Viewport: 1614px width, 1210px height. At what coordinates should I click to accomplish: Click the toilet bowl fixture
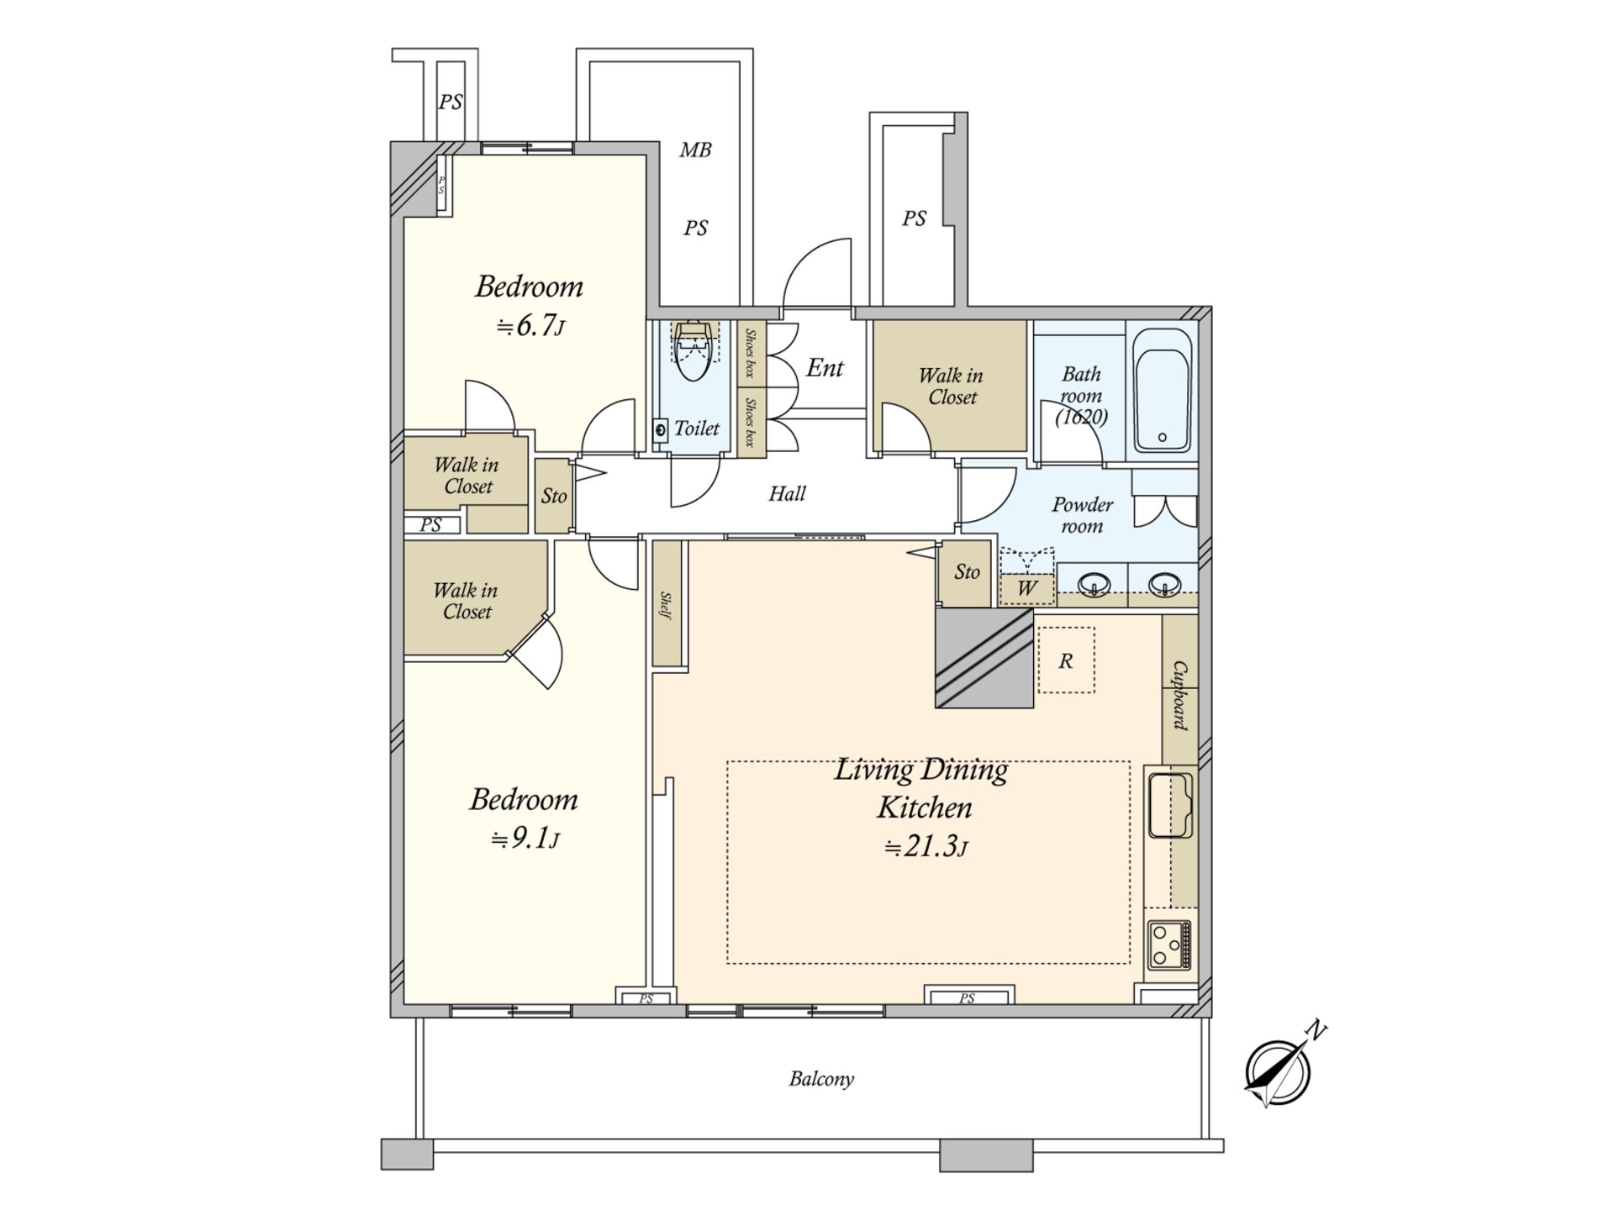(694, 353)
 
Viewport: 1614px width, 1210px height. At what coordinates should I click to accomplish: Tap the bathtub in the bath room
(1162, 390)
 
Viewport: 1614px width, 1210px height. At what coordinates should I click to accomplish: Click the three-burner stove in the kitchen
(1169, 945)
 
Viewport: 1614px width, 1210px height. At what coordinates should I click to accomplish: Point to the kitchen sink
(1169, 805)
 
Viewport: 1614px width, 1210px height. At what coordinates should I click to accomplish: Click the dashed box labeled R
(1066, 660)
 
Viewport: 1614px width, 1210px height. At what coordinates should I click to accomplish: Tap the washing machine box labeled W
(1026, 587)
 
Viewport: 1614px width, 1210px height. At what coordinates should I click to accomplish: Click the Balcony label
(821, 1078)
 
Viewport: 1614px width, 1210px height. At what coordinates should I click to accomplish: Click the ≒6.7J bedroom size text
(530, 325)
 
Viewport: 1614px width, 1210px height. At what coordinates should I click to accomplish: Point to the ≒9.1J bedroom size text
(525, 838)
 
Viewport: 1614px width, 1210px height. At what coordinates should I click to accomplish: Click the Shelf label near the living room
(667, 605)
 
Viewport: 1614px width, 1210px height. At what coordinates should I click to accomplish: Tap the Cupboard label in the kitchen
(1180, 695)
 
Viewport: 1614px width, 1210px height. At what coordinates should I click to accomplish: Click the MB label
(695, 150)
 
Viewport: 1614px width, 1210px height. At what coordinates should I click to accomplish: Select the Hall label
(787, 493)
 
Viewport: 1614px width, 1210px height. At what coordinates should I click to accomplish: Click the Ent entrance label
(825, 367)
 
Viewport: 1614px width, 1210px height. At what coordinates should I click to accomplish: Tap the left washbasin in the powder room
(1094, 582)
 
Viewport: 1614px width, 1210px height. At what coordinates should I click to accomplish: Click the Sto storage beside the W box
(967, 572)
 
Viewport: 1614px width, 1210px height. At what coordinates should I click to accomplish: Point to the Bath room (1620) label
(1081, 394)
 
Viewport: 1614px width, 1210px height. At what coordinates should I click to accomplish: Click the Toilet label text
(697, 429)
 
